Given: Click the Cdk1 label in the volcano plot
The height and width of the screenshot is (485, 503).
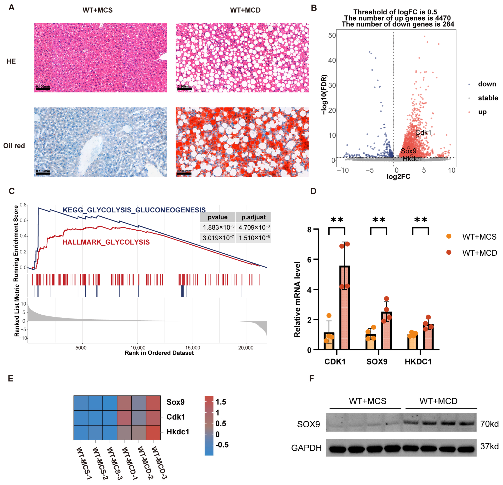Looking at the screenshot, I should pyautogui.click(x=423, y=133).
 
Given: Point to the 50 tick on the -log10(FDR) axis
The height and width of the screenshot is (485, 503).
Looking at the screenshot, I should pyautogui.click(x=332, y=35).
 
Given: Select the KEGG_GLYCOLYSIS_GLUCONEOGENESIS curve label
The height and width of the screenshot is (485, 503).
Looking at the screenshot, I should pyautogui.click(x=134, y=210).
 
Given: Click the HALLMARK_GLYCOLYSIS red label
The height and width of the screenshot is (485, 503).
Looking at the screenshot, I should pyautogui.click(x=106, y=242).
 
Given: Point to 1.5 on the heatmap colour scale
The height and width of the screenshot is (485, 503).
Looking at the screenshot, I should pyautogui.click(x=221, y=402).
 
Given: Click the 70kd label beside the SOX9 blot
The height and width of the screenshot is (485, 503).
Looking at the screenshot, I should pyautogui.click(x=489, y=424).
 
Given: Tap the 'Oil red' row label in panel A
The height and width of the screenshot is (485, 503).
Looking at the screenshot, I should pyautogui.click(x=14, y=146).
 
